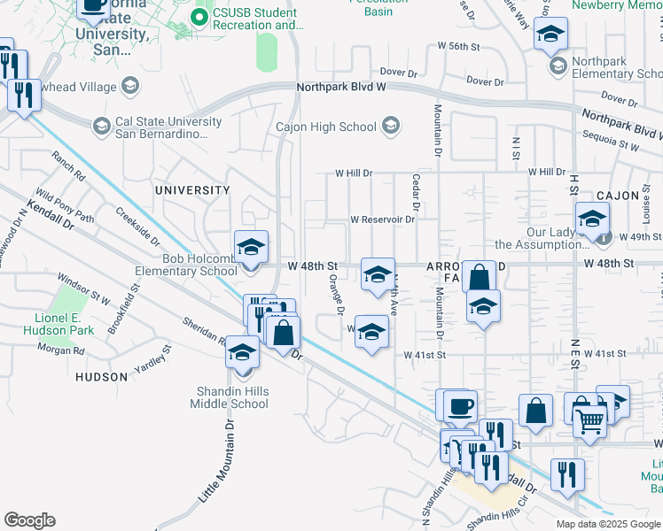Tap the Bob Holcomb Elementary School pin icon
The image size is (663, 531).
pyautogui.click(x=251, y=247)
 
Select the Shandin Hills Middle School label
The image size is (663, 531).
pyautogui.click(x=229, y=397)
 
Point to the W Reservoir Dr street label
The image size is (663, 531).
pyautogui.click(x=382, y=219)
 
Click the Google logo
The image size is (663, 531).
pyautogui.click(x=29, y=520)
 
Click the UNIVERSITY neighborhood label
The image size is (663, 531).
pyautogui.click(x=192, y=190)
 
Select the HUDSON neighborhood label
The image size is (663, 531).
pyautogui.click(x=102, y=376)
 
